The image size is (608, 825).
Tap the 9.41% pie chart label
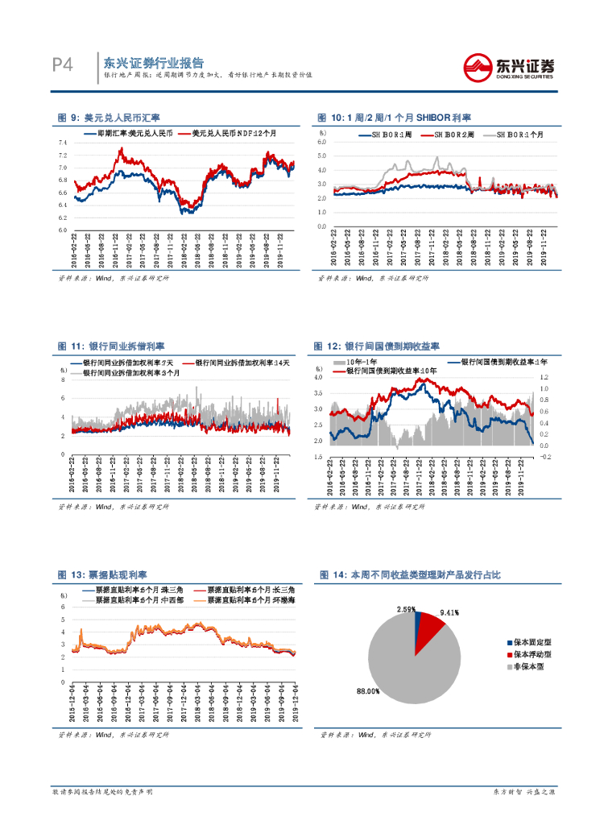click(x=449, y=612)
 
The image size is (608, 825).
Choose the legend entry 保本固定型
click(x=533, y=643)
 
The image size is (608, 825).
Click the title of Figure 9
click(x=109, y=118)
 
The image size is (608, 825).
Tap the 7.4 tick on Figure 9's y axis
click(x=63, y=143)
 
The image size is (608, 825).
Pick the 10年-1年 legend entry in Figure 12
click(x=355, y=363)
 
